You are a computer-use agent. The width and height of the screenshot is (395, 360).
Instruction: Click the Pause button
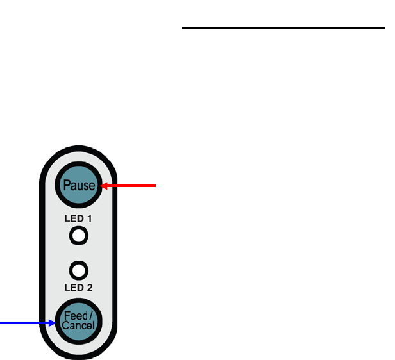[78, 186]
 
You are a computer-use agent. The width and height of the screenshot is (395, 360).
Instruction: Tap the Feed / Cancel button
[78, 320]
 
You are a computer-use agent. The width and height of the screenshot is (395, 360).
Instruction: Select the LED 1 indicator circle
[78, 237]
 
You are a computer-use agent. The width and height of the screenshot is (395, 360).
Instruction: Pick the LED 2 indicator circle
[78, 269]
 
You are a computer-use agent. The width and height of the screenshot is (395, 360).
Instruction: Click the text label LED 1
[78, 219]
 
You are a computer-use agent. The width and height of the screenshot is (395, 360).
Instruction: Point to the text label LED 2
[78, 288]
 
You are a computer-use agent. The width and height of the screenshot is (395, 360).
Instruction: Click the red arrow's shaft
[131, 186]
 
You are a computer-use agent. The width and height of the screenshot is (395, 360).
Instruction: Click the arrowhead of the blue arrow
[53, 323]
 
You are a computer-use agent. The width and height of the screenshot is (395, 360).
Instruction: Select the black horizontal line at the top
[282, 28]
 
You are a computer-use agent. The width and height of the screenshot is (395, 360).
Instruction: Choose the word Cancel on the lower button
[78, 326]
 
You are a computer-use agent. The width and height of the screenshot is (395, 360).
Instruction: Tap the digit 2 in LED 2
[90, 288]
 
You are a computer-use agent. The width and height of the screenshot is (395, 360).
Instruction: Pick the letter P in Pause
[66, 186]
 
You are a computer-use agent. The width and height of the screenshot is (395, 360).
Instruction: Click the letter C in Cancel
[65, 326]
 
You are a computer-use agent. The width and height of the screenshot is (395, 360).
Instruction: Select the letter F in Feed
[66, 316]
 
